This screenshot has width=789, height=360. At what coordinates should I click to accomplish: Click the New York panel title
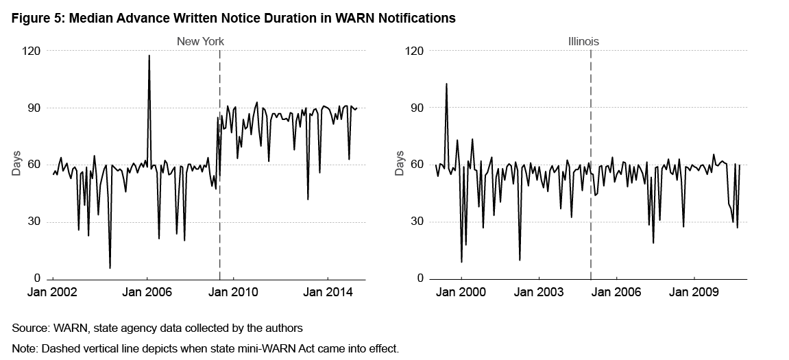(x=200, y=42)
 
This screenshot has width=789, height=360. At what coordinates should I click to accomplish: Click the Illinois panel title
(x=583, y=42)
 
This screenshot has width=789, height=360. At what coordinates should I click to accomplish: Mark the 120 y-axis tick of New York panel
(x=32, y=51)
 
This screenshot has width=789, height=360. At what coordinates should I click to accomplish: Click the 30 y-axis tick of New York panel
(x=34, y=222)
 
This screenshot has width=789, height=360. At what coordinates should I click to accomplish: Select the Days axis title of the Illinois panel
(x=400, y=165)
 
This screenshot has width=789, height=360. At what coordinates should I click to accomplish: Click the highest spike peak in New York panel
(x=149, y=56)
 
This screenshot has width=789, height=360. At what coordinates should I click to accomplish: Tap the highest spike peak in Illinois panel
(x=446, y=84)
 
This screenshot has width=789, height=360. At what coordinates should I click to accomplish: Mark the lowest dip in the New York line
(x=110, y=267)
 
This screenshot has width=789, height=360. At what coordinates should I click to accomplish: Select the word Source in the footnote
(x=29, y=328)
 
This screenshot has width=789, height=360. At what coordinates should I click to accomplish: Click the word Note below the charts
(x=25, y=348)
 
